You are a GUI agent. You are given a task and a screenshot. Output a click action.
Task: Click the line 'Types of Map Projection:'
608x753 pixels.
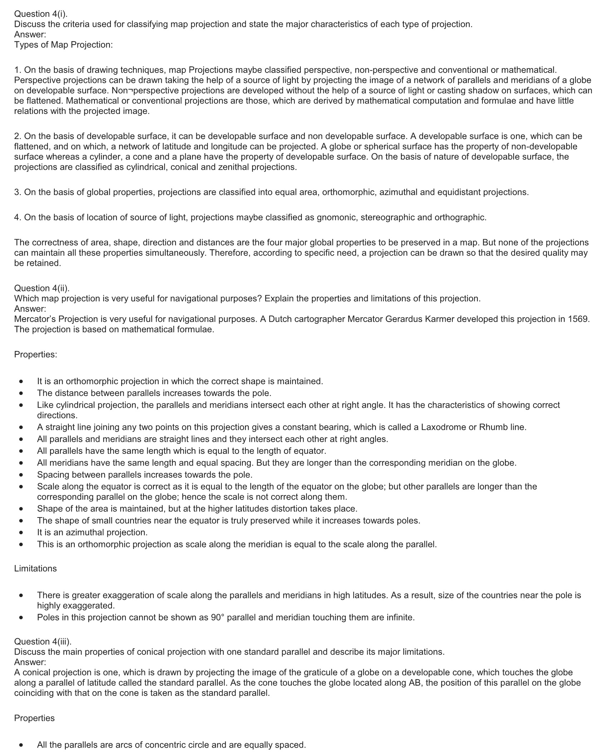[64, 45]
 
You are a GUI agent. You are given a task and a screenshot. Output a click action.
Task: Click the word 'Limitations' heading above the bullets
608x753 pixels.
[35, 569]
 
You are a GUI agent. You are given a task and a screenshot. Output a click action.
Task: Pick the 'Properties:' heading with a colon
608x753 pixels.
[35, 355]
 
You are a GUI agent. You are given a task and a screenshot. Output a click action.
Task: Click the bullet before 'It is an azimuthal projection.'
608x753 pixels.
[22, 532]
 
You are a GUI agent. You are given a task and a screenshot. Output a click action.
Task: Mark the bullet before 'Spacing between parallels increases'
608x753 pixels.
[22, 475]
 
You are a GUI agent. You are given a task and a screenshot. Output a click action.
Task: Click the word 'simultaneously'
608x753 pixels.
[176, 253]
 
